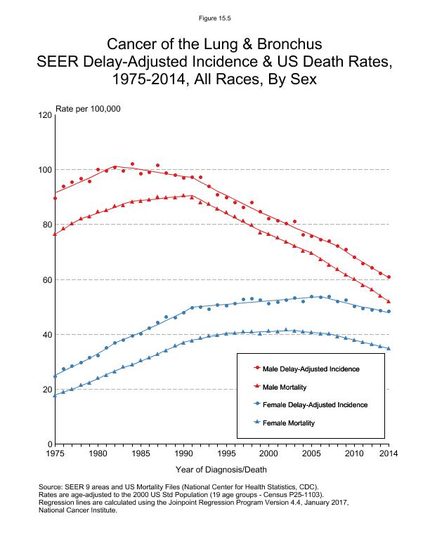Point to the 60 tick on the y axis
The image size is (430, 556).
point(46,279)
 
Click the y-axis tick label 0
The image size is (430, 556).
point(48,444)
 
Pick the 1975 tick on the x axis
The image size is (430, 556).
point(55,454)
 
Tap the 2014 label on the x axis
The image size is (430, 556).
point(389,454)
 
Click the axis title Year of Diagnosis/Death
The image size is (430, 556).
point(222,469)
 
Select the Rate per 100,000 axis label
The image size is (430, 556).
point(88,108)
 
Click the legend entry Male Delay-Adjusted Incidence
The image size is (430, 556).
point(315,368)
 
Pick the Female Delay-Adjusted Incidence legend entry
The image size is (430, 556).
point(319,404)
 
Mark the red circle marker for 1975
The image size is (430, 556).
point(55,198)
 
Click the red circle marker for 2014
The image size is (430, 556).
point(389,277)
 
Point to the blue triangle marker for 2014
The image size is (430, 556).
point(389,348)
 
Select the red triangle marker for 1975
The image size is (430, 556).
point(55,234)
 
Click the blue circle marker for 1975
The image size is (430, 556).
point(55,376)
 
